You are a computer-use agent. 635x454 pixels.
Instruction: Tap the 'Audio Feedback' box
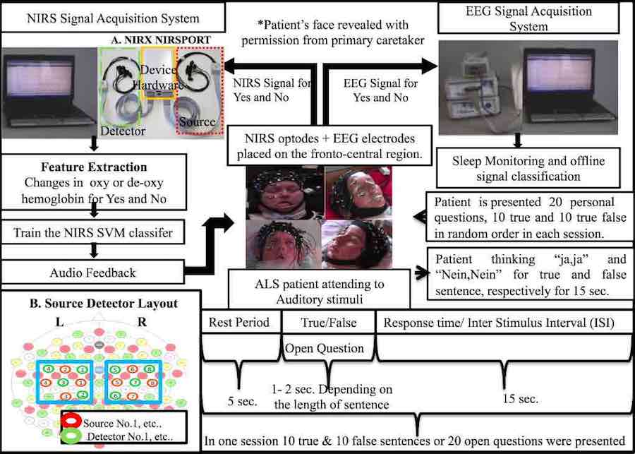(93, 271)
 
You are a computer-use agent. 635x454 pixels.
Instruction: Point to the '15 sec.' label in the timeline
(521, 398)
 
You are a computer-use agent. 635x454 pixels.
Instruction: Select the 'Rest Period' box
(239, 323)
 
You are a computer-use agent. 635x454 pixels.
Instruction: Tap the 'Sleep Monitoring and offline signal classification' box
(521, 167)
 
